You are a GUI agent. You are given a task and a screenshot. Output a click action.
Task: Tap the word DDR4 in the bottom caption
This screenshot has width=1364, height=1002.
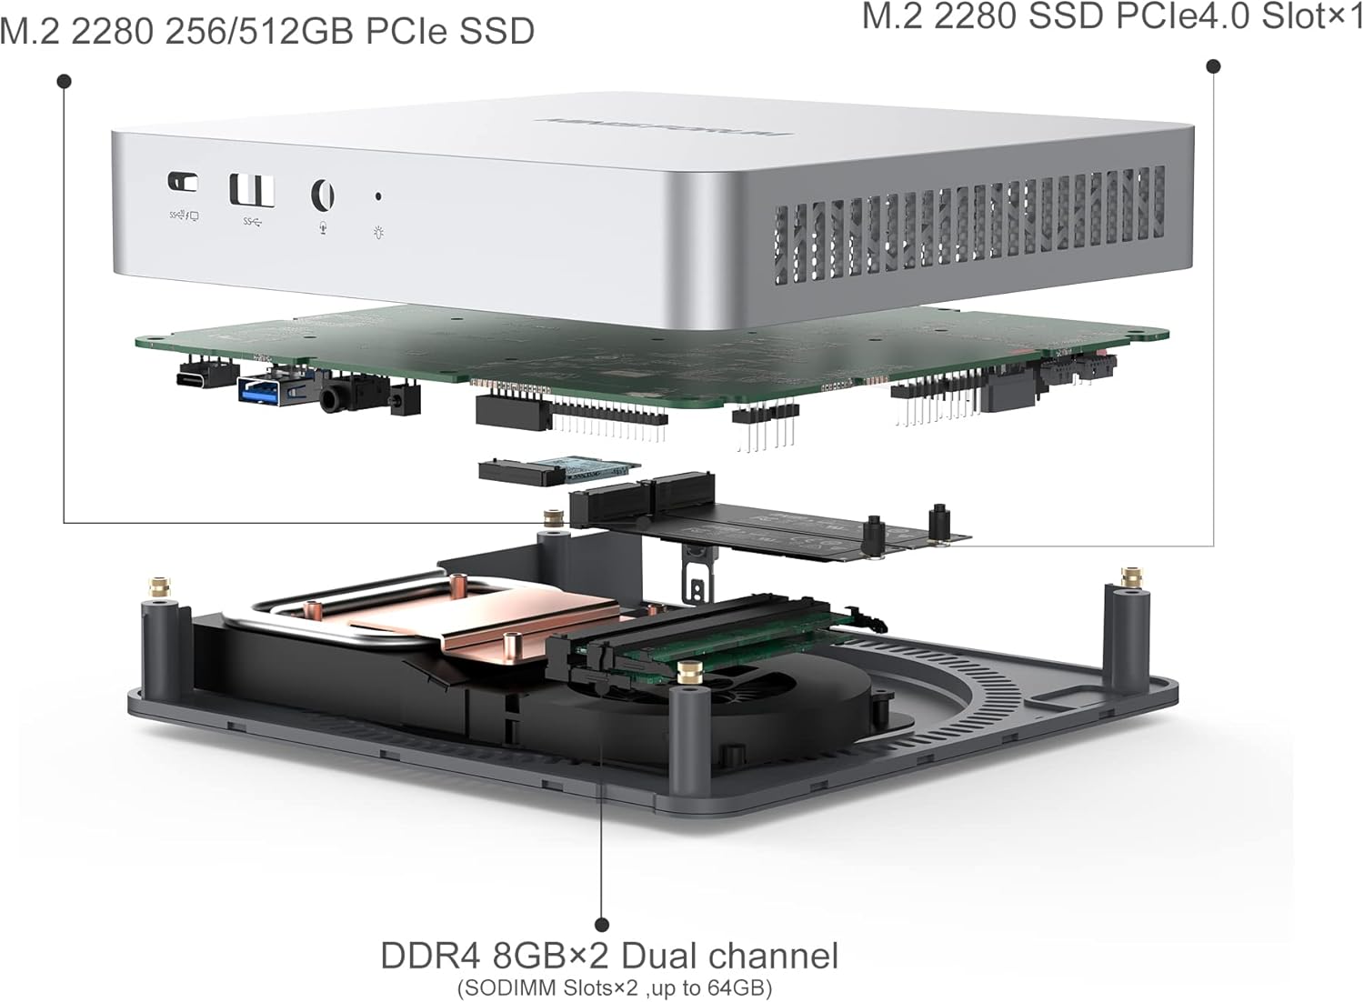427,956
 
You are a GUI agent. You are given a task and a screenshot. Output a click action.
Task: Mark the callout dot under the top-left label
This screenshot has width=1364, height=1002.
64,82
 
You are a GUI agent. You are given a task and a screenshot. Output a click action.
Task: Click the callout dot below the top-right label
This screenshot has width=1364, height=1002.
1213,65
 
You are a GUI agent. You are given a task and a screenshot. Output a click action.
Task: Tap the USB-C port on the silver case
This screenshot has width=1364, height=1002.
183,182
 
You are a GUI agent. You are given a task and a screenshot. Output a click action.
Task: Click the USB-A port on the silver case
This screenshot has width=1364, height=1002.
252,189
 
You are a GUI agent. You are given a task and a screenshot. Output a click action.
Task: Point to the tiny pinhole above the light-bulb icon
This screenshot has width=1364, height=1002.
378,195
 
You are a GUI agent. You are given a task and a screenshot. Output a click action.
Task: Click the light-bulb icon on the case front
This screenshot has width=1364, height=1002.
378,231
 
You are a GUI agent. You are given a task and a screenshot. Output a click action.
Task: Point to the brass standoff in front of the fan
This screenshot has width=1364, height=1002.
688,673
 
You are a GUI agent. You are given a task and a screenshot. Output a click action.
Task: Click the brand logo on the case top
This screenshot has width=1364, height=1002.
664,126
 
